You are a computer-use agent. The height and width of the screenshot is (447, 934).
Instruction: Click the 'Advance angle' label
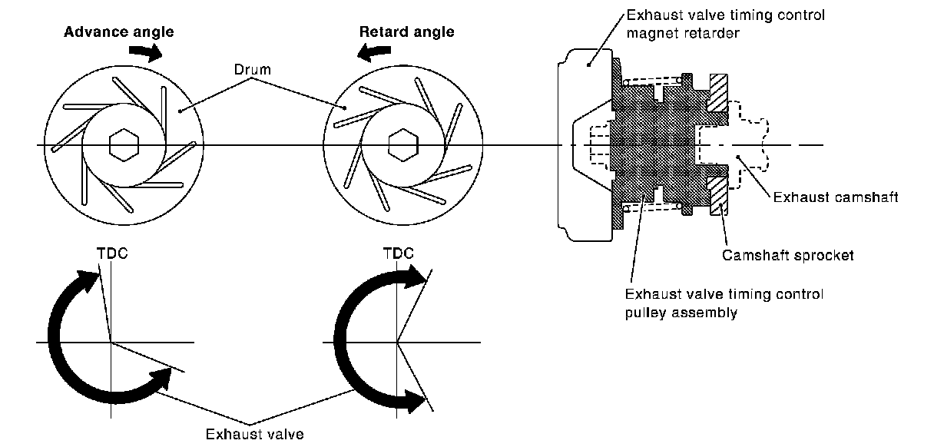118,32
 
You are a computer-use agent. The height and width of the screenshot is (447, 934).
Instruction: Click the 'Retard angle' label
406,32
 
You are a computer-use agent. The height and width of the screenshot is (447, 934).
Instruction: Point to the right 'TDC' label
397,253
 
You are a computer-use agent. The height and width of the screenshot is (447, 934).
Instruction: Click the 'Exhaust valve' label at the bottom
254,435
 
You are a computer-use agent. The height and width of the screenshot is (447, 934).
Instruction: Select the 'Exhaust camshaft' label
835,197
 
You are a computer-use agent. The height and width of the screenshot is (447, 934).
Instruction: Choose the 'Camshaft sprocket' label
787,256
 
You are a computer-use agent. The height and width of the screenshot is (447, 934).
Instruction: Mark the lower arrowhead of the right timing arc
415,399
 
